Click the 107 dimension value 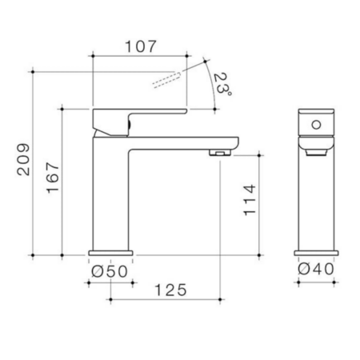141,46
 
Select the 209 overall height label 23,159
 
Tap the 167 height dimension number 53,178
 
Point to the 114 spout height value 250,200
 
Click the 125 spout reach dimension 170,290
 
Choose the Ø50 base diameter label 110,272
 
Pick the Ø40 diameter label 316,269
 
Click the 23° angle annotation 222,83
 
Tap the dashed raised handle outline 167,79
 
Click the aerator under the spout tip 220,153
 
